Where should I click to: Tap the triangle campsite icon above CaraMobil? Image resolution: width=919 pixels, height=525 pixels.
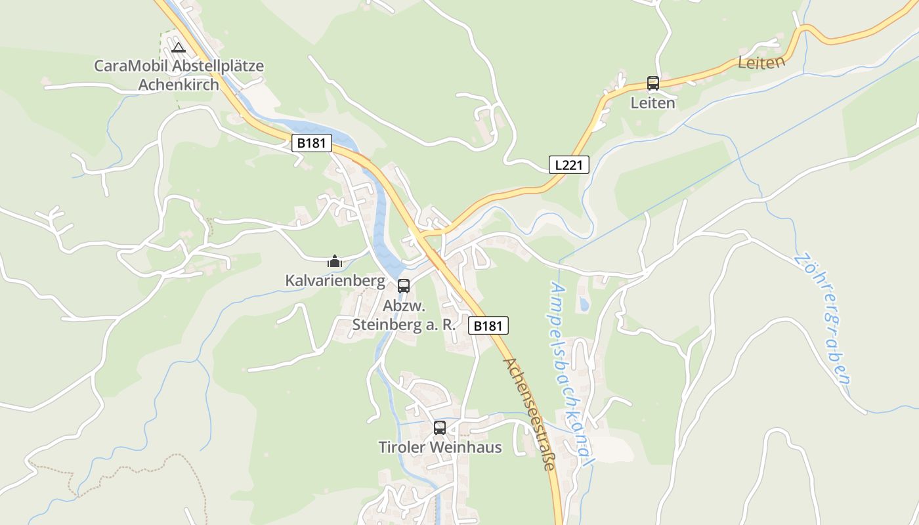[x=178, y=47]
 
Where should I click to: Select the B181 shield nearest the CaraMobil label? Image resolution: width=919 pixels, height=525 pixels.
[x=312, y=143]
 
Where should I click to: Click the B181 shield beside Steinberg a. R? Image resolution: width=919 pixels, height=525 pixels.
[x=488, y=325]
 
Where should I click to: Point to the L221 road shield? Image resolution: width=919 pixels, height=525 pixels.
[x=568, y=165]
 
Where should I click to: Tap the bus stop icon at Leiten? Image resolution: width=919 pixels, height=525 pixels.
[x=652, y=83]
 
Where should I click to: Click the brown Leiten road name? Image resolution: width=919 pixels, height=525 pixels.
[x=761, y=63]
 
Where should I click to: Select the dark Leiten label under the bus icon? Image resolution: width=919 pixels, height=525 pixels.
[x=652, y=103]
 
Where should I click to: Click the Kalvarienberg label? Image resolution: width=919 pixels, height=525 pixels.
[x=335, y=281]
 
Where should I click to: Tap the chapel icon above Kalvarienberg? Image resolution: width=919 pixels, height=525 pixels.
[x=335, y=261]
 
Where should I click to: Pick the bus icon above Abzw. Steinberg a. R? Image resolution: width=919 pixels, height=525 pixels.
[x=404, y=286]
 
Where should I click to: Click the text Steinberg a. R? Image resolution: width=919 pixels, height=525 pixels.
[x=404, y=324]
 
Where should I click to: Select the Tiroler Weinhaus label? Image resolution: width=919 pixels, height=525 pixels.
[x=440, y=448]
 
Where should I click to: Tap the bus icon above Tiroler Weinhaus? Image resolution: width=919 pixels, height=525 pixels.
[x=440, y=428]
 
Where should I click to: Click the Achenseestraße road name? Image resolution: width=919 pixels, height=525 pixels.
[x=530, y=413]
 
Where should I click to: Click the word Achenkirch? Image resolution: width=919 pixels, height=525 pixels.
[x=179, y=85]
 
